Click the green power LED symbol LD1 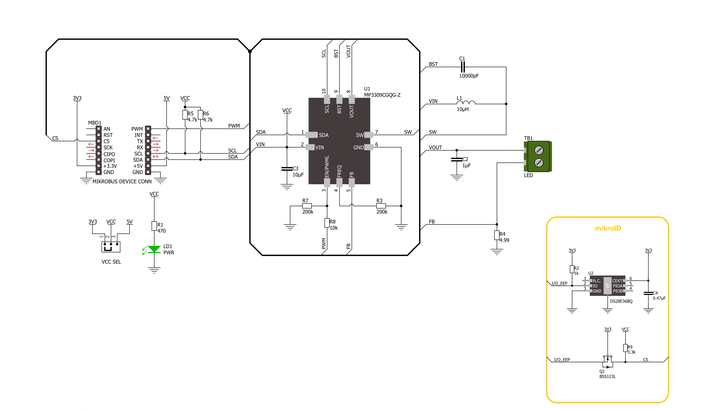154,249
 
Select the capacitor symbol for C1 463,67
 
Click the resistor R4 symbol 497,235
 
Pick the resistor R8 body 327,223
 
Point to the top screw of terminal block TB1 538,150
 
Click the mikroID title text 608,228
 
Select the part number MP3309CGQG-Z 382,95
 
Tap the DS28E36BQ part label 621,301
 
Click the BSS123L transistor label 607,376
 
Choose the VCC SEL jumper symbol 111,247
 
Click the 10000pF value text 469,76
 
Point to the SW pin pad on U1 368,135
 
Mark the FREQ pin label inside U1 339,171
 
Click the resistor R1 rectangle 154,226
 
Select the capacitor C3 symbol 287,168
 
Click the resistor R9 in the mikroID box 625,348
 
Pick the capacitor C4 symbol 648,293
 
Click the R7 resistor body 307,206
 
